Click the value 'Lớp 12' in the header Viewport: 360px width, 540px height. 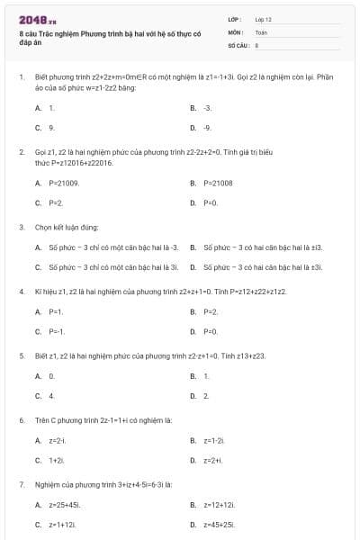tap(263, 19)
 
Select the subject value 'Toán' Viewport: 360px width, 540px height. tap(261, 31)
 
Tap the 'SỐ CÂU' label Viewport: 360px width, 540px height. tap(237, 44)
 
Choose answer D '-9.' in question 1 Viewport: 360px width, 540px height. tap(207, 128)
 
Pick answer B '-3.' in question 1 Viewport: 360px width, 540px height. tap(207, 107)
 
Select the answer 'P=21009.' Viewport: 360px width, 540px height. tap(64, 183)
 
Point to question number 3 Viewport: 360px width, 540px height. tap(22, 227)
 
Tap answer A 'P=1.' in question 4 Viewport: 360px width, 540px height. tap(56, 311)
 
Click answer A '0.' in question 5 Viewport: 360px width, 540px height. tap(52, 375)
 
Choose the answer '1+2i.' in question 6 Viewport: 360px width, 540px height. tap(57, 460)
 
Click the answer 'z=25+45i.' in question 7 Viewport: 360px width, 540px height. tap(65, 504)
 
